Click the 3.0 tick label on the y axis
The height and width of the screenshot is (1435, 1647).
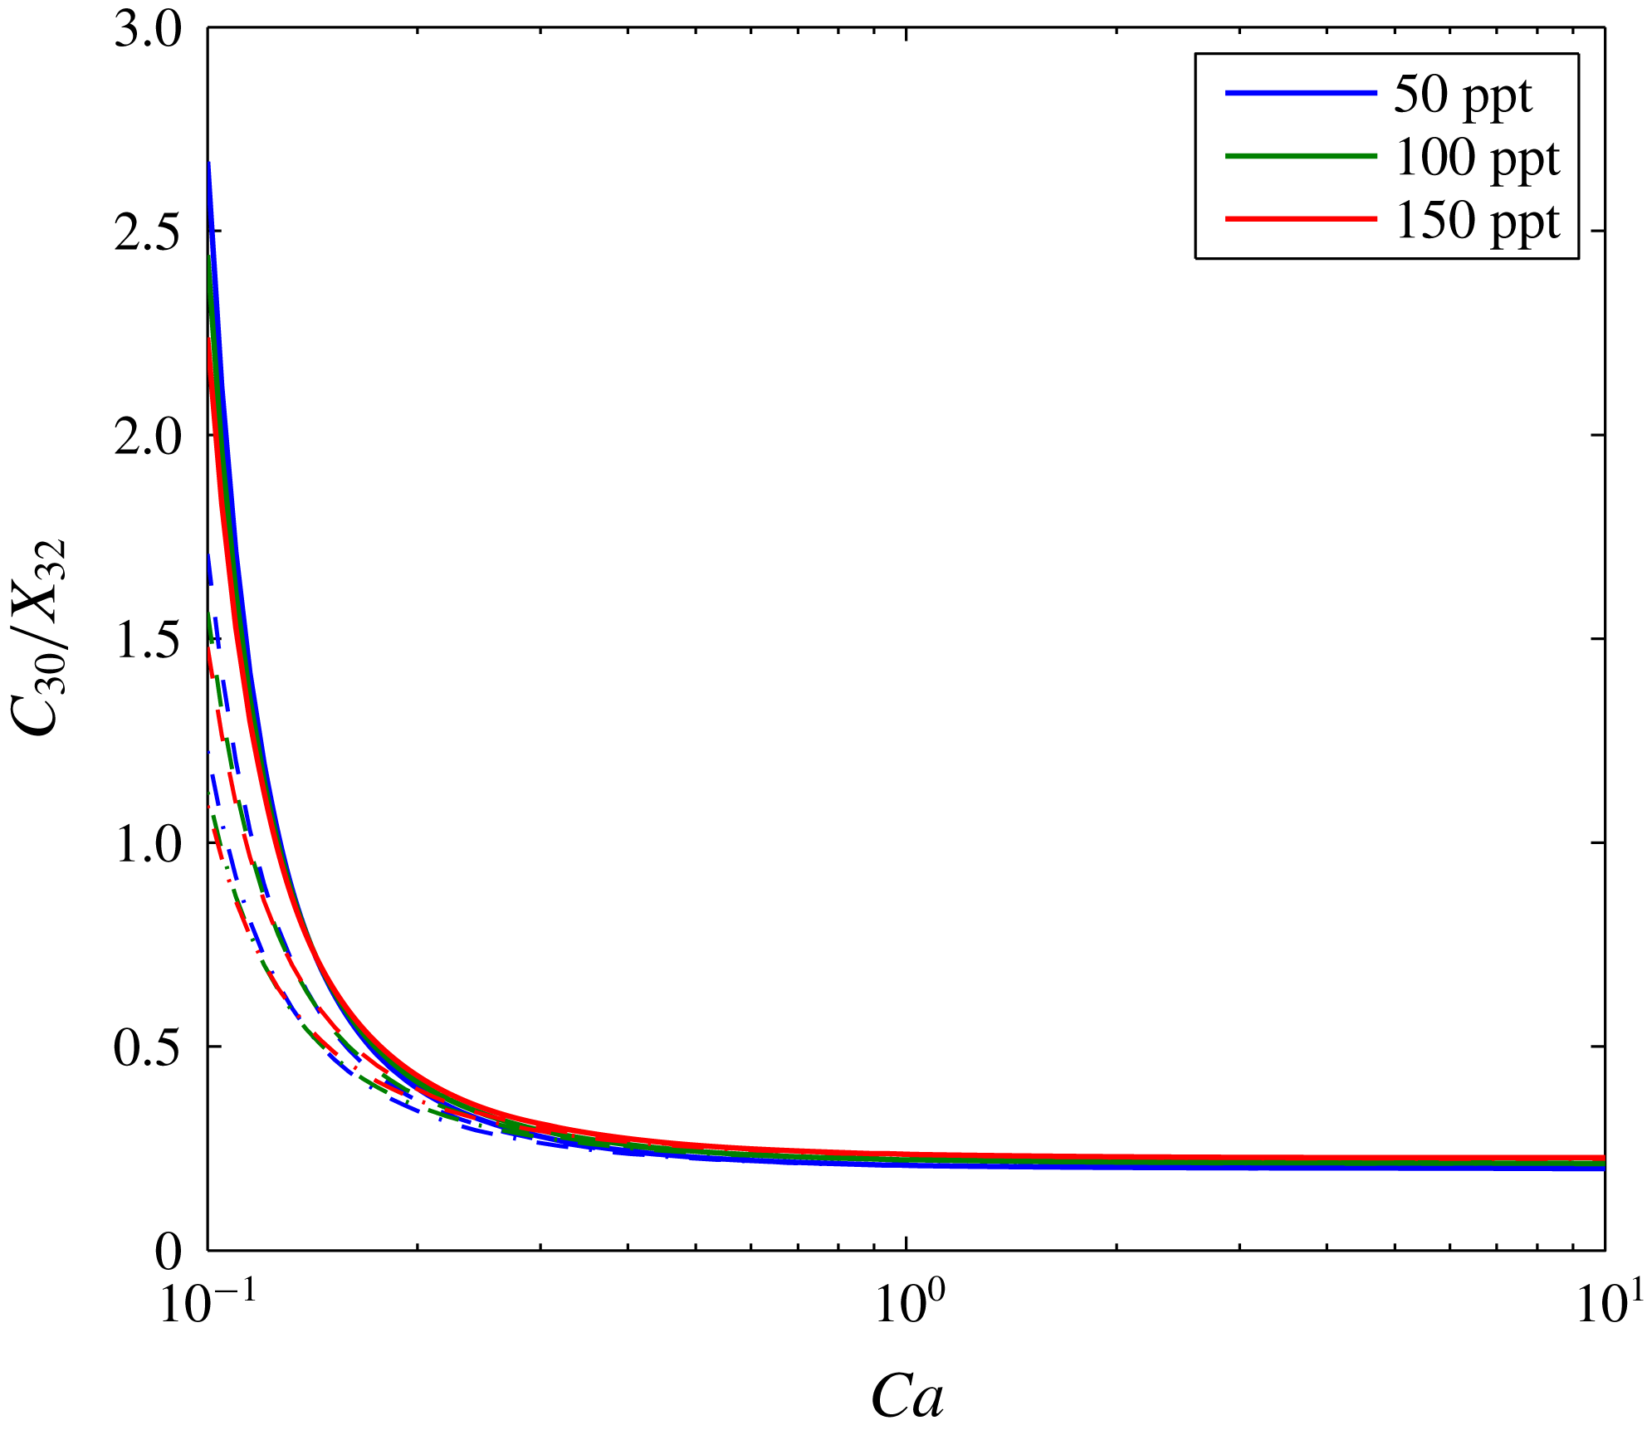point(147,35)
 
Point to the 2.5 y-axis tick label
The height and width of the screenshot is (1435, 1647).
point(147,232)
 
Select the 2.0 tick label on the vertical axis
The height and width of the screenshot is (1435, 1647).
point(147,437)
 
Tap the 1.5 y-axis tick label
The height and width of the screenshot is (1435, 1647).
point(147,641)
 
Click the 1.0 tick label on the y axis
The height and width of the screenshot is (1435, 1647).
point(147,845)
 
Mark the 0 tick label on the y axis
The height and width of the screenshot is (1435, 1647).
point(169,1252)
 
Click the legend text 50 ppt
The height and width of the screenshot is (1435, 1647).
point(1462,95)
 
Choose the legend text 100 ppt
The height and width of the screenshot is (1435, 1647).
point(1477,158)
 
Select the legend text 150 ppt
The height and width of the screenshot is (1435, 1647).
point(1477,221)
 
